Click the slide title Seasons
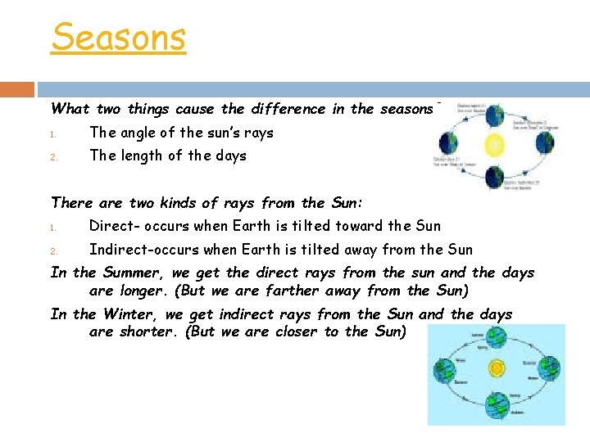(119, 37)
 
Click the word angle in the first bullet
(139, 133)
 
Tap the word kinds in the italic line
(172, 203)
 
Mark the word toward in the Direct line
(353, 226)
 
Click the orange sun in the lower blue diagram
(496, 369)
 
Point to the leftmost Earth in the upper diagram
(450, 143)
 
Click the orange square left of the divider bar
(17, 89)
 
